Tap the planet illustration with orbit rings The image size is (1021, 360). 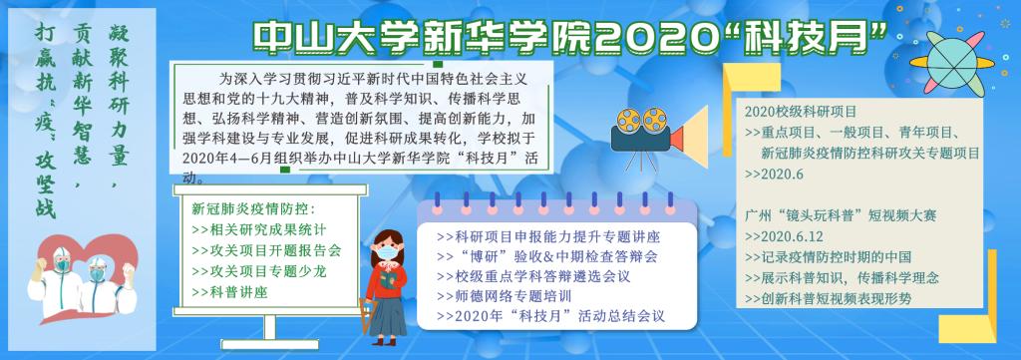tap(952, 63)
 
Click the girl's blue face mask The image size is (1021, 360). tap(389, 250)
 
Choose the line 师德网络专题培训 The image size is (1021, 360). tap(505, 296)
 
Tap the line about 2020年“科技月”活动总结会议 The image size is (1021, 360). tap(550, 317)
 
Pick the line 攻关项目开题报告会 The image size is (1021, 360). tap(267, 250)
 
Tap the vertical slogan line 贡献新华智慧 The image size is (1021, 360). tap(82, 104)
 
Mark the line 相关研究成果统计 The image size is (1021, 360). tap(260, 229)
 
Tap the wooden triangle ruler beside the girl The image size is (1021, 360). tap(368, 318)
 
